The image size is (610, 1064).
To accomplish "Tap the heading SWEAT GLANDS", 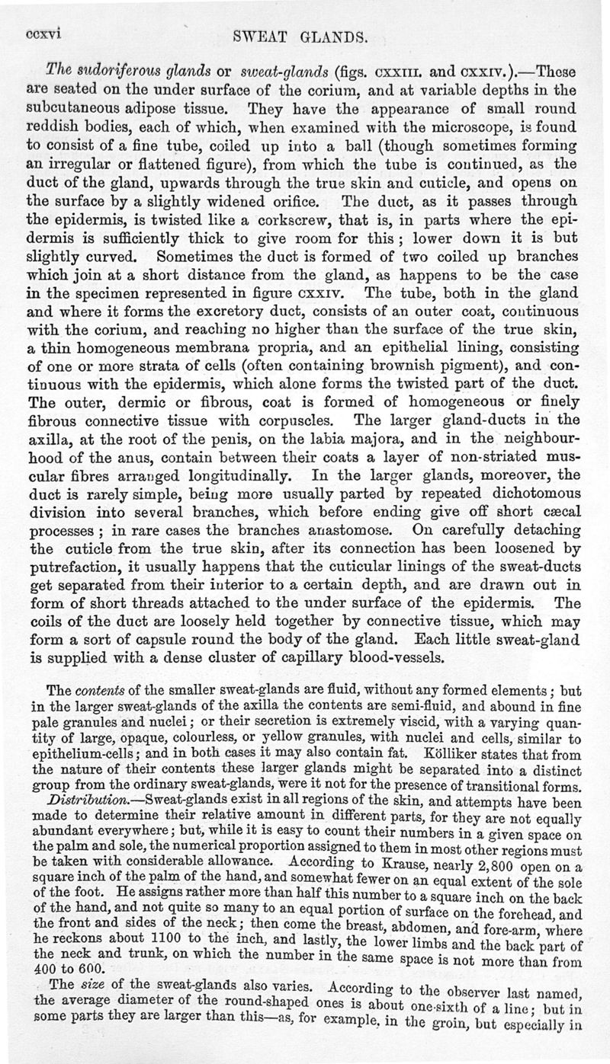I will point(304,35).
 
